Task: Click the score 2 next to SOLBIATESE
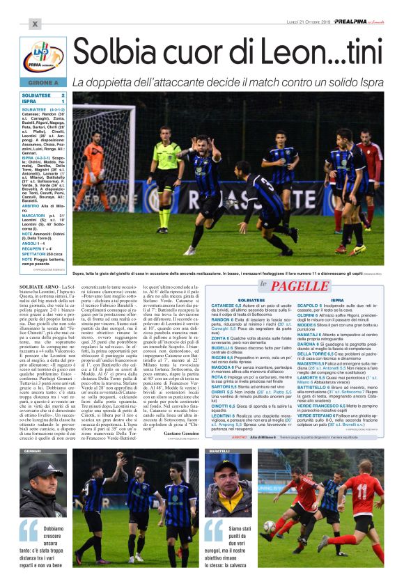tap(63, 95)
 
